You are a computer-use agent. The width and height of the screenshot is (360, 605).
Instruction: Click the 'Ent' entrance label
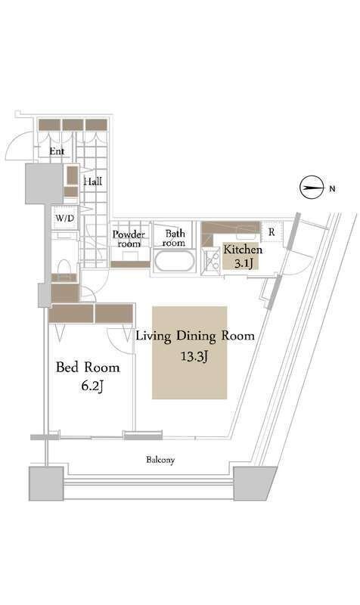point(57,151)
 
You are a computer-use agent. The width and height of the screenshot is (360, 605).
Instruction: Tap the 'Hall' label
point(93,181)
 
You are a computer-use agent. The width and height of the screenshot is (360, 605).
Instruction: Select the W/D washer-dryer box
point(65,218)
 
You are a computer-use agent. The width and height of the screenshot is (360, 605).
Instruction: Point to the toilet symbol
point(64,266)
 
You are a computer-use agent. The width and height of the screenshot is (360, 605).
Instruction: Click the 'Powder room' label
point(129,239)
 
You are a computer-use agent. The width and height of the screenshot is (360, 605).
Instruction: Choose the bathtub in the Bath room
point(174,261)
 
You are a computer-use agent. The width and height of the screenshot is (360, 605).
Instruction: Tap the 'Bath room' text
point(174,238)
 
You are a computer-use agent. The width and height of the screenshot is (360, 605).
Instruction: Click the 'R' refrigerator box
point(272,232)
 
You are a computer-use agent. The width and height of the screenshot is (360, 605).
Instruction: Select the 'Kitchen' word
point(243,250)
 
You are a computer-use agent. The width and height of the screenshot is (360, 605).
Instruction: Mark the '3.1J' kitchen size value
point(244,263)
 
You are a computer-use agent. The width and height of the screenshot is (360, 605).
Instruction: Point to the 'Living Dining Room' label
point(195,336)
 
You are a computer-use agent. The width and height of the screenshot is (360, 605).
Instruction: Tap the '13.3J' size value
point(195,356)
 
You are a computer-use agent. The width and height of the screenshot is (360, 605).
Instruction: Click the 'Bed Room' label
point(88,367)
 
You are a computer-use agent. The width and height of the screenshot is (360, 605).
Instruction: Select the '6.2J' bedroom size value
point(92,386)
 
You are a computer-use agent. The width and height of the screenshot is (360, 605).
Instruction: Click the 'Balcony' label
point(160,460)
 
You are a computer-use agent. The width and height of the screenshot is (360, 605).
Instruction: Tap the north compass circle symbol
point(311,188)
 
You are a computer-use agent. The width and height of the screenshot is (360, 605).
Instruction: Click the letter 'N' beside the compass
point(332,188)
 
